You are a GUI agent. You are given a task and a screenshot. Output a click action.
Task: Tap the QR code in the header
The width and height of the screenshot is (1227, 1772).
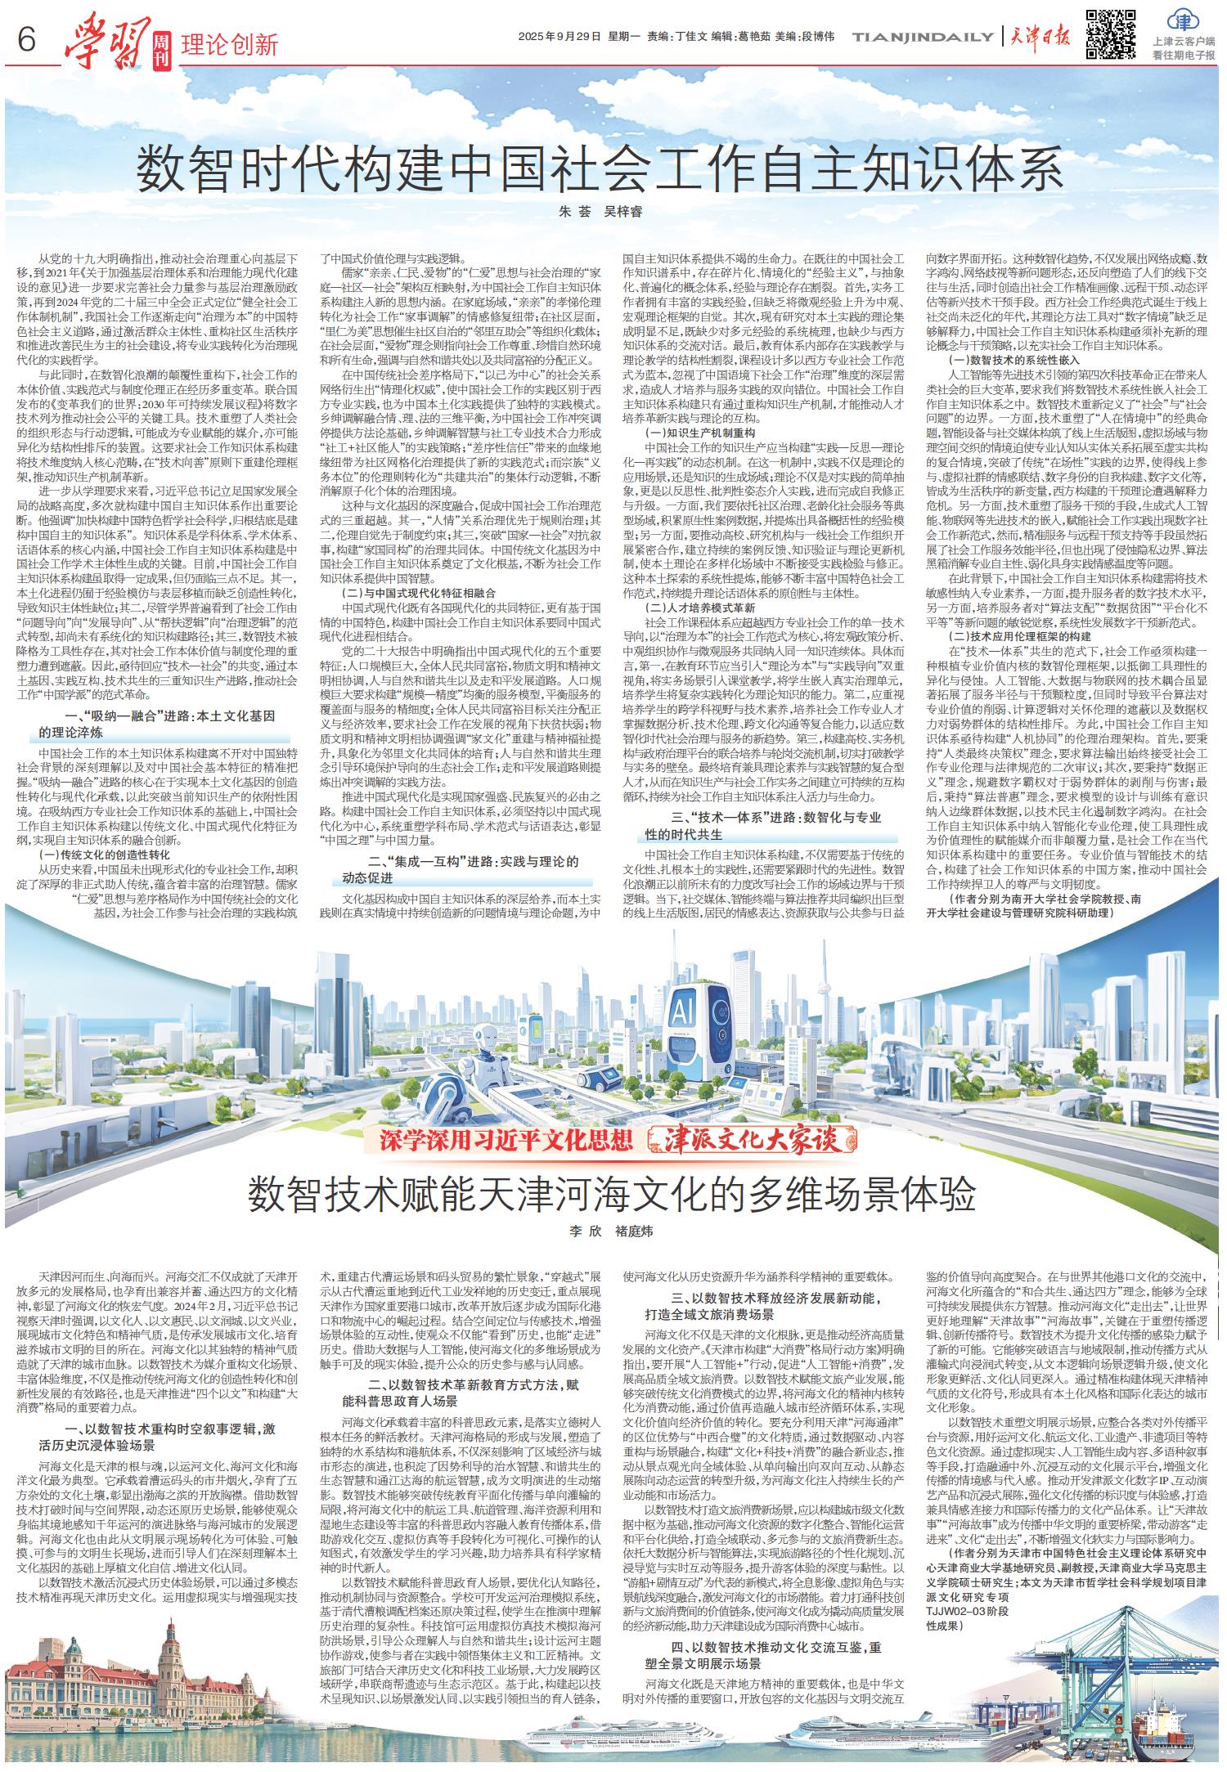1110,34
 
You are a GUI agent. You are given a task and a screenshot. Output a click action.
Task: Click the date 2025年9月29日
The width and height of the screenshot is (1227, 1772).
560,37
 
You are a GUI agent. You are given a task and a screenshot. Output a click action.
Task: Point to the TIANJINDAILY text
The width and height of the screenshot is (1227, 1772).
924,37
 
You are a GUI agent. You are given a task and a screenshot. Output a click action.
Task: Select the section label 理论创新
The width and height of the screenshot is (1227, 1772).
230,42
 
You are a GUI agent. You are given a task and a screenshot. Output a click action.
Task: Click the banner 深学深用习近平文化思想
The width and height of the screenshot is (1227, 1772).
506,1140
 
